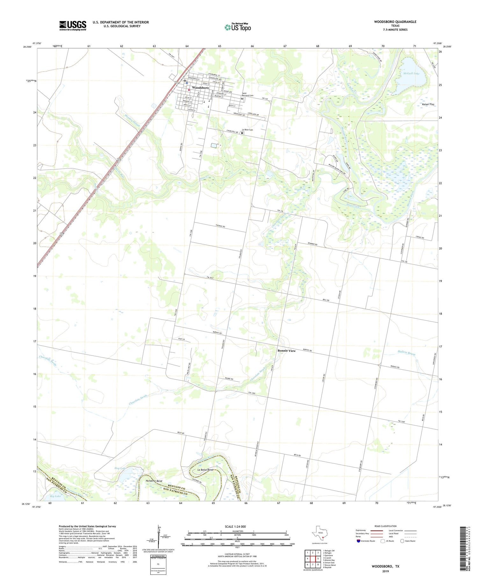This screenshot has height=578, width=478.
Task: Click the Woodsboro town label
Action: pos(200,88)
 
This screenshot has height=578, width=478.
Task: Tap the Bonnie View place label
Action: pos(286,351)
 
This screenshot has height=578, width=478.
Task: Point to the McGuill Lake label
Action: pos(411,73)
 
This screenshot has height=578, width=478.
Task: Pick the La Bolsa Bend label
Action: pos(205,470)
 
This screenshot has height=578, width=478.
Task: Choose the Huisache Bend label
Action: pos(154,481)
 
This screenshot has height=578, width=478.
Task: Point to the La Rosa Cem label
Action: pos(247,130)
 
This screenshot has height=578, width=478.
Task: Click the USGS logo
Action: pos(73,26)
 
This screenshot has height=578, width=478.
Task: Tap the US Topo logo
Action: pos(238,27)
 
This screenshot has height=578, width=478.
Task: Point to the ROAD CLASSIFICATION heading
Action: pos(385,526)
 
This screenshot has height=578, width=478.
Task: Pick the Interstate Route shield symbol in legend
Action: pos(358,541)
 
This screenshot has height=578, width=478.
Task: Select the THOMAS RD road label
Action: pos(220,226)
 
